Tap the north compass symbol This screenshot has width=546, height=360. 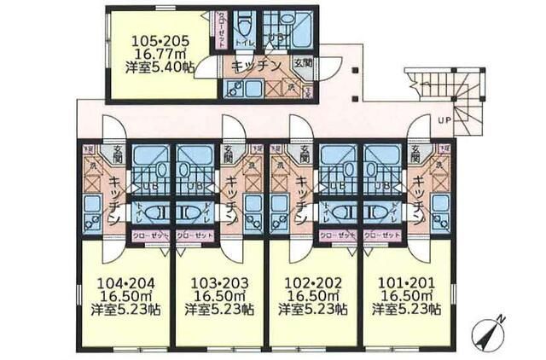pos(489,331)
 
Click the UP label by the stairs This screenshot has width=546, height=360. pos(444,120)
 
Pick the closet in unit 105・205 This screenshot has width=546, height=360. pos(221,31)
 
